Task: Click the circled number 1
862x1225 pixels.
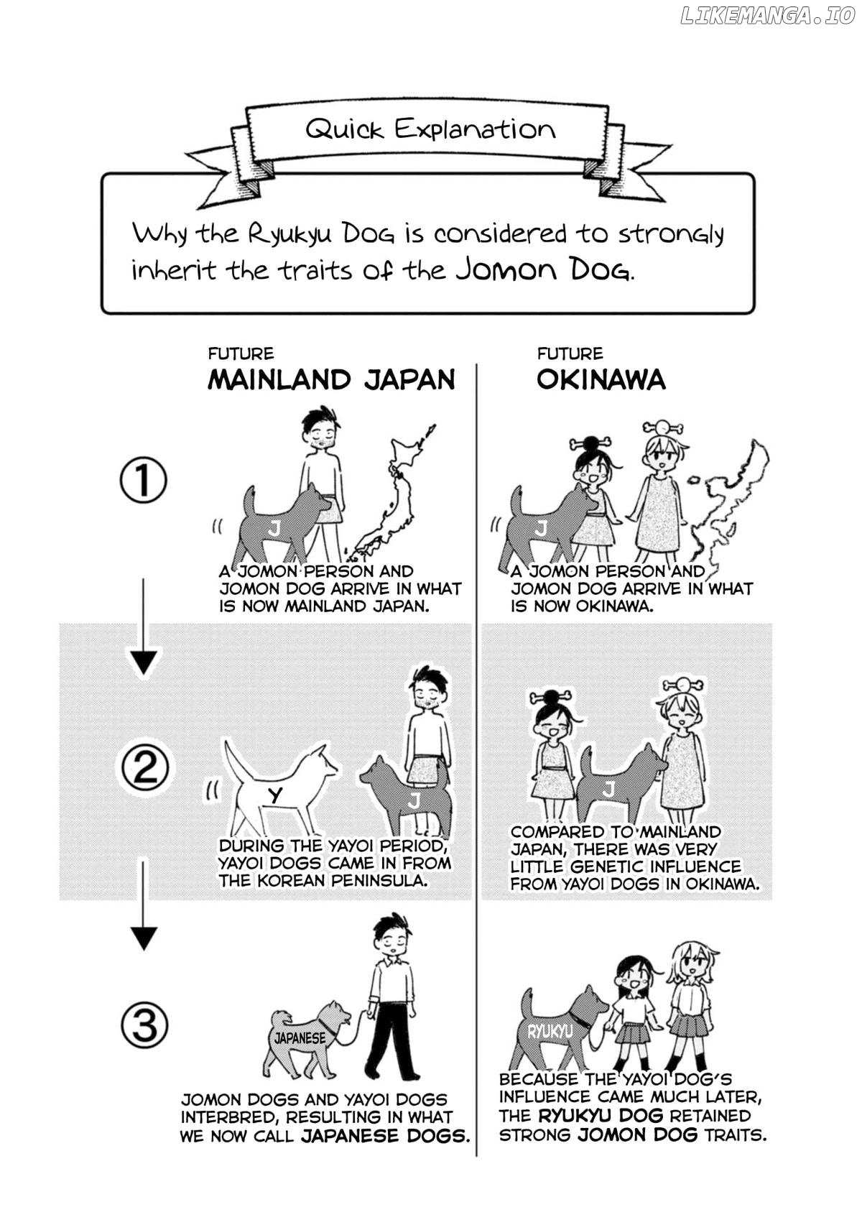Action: (143, 480)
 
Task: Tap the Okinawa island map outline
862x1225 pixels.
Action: (727, 503)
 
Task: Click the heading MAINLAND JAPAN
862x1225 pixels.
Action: (331, 379)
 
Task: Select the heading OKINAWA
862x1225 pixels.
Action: (601, 379)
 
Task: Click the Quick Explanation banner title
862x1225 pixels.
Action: (430, 129)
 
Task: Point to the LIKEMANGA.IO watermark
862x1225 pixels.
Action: (768, 16)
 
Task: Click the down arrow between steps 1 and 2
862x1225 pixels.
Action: (143, 629)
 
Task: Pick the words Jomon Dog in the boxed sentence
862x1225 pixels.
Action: (544, 269)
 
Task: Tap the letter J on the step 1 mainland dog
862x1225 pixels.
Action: (274, 528)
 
